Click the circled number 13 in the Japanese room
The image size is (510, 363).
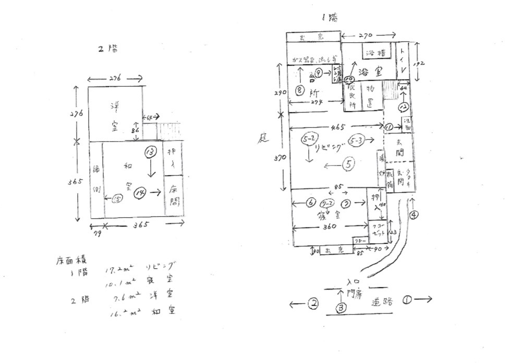pos(150,152)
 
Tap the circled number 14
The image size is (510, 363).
pos(139,193)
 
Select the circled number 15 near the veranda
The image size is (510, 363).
pos(117,198)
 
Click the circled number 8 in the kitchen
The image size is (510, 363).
pos(299,90)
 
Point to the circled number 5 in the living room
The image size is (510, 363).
pos(348,165)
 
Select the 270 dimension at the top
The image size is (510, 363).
pos(366,37)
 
